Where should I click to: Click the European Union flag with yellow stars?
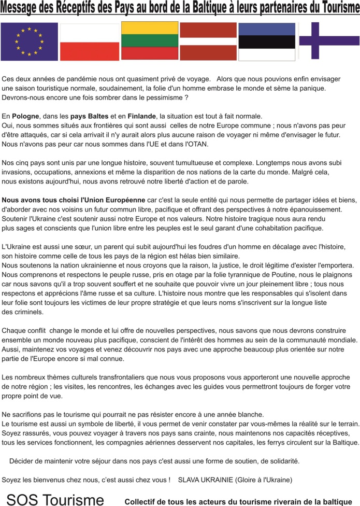tap(29, 41)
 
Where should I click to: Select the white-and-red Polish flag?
tap(89, 42)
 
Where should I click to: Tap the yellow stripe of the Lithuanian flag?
tap(150, 27)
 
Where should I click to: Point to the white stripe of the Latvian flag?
tap(208, 41)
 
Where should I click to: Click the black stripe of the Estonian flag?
tap(267, 41)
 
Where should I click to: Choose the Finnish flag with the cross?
tap(328, 40)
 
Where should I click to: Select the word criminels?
tap(23, 312)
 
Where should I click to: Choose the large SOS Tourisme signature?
tap(55, 499)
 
